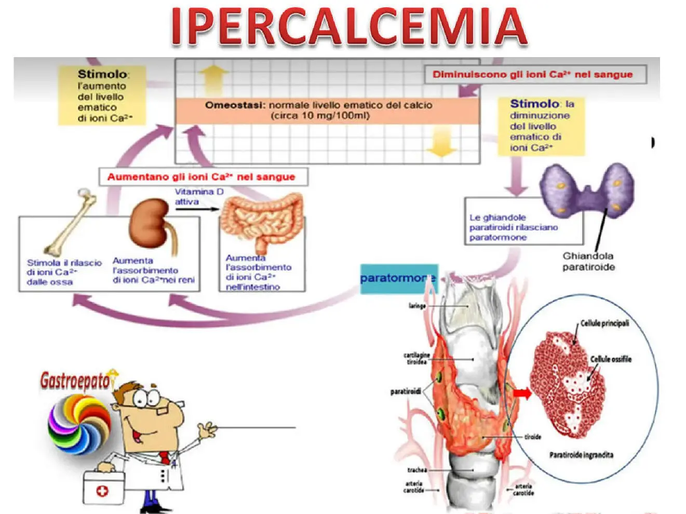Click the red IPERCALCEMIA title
(x=349, y=26)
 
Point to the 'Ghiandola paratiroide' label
(x=588, y=262)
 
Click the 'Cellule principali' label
(x=604, y=323)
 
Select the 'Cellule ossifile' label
(x=611, y=359)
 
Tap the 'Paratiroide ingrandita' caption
(x=581, y=455)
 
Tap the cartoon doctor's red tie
(x=165, y=457)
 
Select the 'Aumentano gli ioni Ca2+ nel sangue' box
(x=203, y=177)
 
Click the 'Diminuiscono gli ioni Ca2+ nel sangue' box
(x=535, y=75)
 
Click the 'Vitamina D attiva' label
(x=198, y=197)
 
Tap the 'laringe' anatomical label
(x=417, y=306)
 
